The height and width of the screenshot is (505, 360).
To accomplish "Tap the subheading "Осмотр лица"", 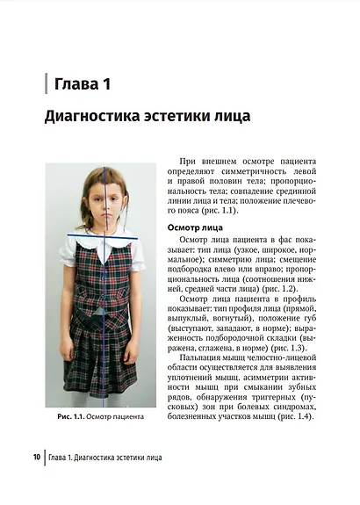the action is coord(195,227).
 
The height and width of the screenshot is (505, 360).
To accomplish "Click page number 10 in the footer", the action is coord(35,458).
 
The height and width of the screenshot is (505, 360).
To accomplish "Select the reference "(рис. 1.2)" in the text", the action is coord(289,287).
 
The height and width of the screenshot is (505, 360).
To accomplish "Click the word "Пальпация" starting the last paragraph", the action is coord(205,362).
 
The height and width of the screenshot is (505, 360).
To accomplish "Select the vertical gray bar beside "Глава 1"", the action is coord(45,84).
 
